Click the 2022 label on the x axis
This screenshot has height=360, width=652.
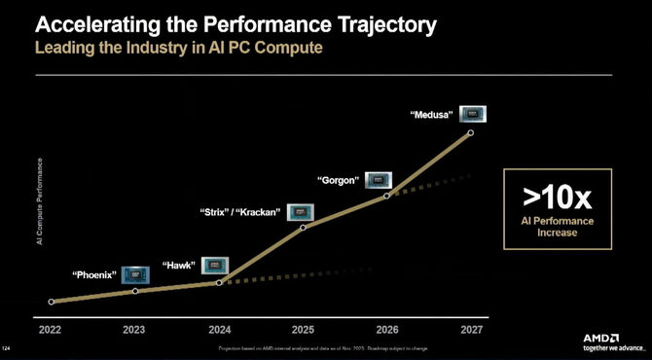tap(51, 329)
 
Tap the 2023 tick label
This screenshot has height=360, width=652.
tap(135, 329)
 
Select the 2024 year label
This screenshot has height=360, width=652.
tap(220, 329)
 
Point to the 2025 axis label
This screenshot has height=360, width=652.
tap(304, 329)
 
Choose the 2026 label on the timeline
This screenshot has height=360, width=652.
tap(387, 329)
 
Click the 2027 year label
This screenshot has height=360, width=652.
tap(471, 329)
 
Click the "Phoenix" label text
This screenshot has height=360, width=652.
tap(94, 275)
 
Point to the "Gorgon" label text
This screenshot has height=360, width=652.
tap(340, 180)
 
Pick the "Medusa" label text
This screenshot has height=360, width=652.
tap(430, 116)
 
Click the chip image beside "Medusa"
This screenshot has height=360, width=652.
tap(472, 115)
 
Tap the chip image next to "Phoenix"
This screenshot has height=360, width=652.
tap(136, 274)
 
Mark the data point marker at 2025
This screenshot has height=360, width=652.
tap(304, 228)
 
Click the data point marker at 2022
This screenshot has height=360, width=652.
tap(51, 302)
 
